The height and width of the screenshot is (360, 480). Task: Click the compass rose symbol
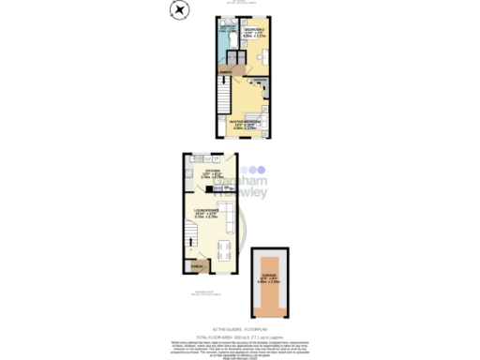coord(179,10)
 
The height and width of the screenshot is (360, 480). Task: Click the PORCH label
coord(197,265)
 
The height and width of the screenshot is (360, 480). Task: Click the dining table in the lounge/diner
coord(221,250)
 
